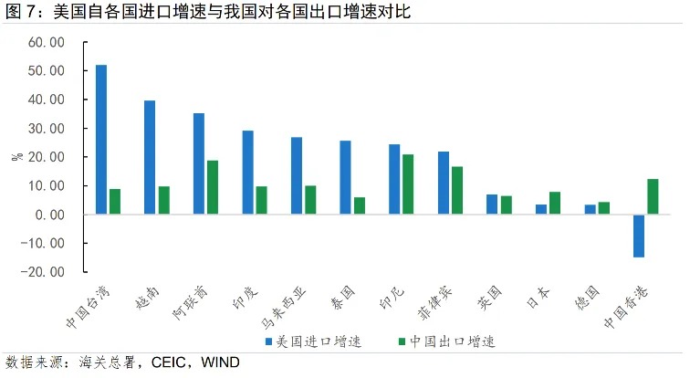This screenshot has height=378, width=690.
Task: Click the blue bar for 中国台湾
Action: point(101,140)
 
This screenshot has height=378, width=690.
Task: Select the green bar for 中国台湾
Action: point(115,202)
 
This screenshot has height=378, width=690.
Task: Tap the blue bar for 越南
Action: point(150,157)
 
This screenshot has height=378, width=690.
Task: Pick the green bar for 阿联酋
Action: point(213,187)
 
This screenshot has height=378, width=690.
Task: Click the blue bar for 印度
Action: point(247,173)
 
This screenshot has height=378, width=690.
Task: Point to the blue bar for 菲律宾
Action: point(443,183)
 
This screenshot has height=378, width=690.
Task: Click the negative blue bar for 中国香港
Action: point(638,236)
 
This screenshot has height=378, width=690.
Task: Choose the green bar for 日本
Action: point(555,203)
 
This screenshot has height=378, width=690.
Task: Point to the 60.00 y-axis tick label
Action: point(46,43)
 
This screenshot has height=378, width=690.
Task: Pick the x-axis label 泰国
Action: point(340,298)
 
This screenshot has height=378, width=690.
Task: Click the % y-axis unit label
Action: point(16,157)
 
